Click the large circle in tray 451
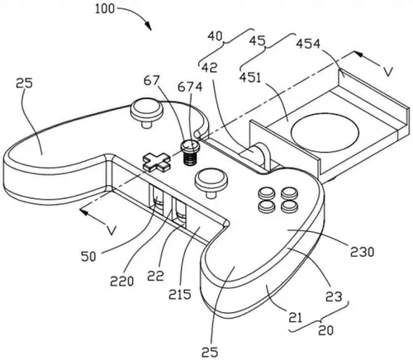pyautogui.click(x=325, y=132)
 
